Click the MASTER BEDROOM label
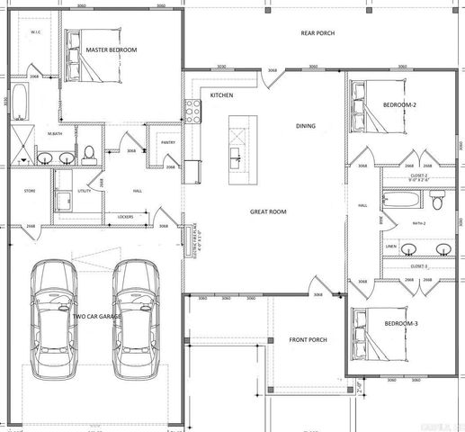[x=111, y=49]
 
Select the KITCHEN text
[x=222, y=94]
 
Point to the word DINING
[x=305, y=126]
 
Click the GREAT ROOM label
[x=268, y=211]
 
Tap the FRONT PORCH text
[x=308, y=339]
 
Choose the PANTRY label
[x=166, y=142]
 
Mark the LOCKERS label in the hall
[x=126, y=217]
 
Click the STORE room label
[x=29, y=191]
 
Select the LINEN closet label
[x=389, y=246]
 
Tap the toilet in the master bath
[x=90, y=155]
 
